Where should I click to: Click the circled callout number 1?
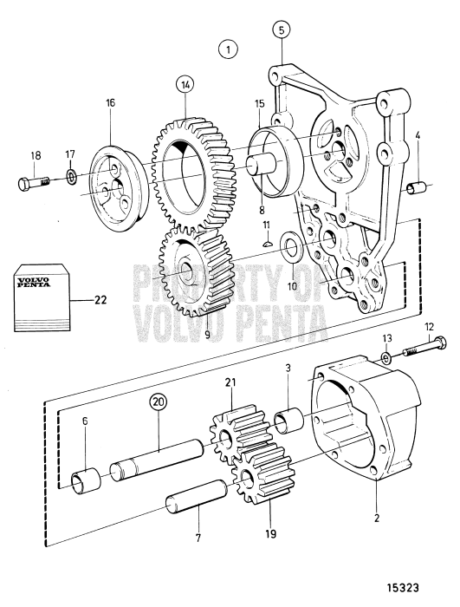(228, 49)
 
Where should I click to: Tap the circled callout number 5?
(282, 29)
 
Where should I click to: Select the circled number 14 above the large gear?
(185, 85)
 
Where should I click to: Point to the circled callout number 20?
(159, 401)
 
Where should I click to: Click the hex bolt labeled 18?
(35, 181)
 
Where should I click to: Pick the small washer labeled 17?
(71, 177)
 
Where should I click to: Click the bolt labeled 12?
(424, 347)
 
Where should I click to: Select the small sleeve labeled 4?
(417, 187)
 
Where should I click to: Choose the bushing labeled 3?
(289, 422)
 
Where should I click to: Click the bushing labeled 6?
(86, 480)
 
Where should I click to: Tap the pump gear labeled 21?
(240, 434)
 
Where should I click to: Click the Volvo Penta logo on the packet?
(32, 282)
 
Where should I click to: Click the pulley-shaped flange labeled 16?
(118, 188)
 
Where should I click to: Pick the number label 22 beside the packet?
(100, 300)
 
